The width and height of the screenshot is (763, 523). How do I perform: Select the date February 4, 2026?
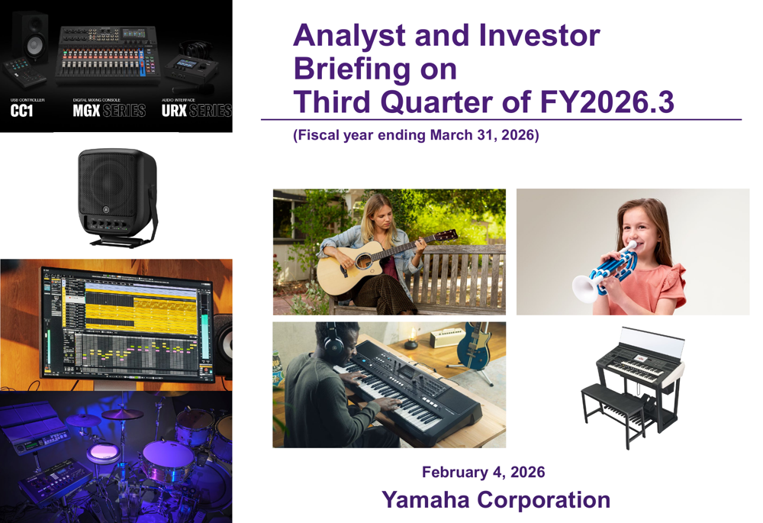(483, 472)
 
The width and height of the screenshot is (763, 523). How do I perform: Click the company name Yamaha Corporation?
(495, 500)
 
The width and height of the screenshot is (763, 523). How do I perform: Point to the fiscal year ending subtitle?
(416, 136)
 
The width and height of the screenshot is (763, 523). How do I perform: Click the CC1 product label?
(22, 111)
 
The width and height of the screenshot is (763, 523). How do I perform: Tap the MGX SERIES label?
(108, 111)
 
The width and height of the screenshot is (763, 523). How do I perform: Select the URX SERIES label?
(196, 111)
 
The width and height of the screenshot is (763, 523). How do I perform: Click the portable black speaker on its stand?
(118, 195)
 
